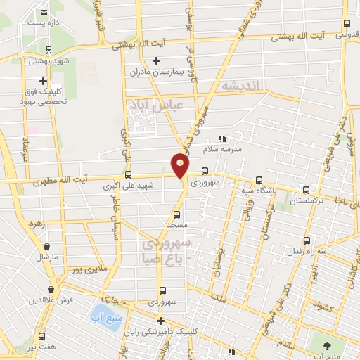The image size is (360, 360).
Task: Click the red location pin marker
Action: click(180, 165)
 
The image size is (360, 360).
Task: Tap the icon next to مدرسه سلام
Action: click(223, 139)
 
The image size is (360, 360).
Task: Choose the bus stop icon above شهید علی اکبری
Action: click(128, 174)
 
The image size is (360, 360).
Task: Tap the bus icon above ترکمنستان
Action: click(305, 189)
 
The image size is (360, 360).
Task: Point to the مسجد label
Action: click(174, 224)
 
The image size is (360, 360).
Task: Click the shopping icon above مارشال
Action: click(46, 247)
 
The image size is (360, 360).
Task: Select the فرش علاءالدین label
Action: click(47, 300)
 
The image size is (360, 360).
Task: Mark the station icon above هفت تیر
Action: click(41, 336)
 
